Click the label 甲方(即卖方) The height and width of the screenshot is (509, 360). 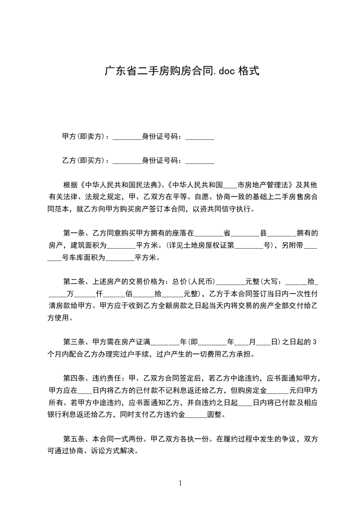click(x=84, y=136)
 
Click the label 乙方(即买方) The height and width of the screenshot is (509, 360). click(x=84, y=160)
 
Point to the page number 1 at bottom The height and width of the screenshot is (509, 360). click(x=180, y=483)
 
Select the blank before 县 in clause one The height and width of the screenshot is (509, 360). click(x=245, y=234)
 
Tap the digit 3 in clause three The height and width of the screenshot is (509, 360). click(x=313, y=342)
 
